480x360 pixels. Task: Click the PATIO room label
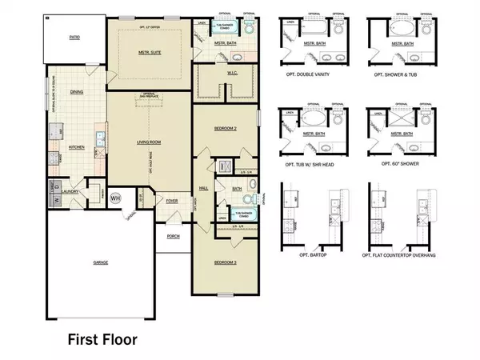click(x=74, y=37)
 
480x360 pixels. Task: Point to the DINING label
click(x=77, y=114)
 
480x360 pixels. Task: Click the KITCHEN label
click(x=77, y=147)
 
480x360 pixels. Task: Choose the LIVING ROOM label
click(x=149, y=142)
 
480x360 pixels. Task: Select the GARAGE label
click(x=99, y=262)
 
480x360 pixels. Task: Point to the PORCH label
click(x=172, y=236)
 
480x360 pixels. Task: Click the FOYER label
click(x=171, y=202)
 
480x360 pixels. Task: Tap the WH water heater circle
click(x=115, y=198)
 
